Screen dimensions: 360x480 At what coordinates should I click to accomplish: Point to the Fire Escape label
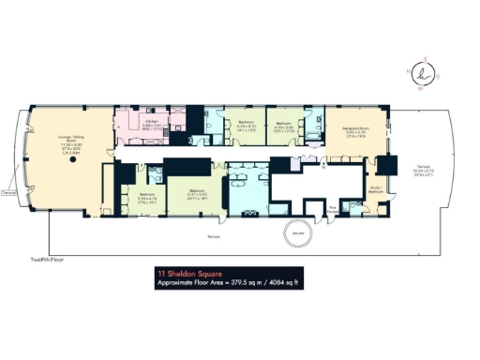[x=333, y=210]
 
